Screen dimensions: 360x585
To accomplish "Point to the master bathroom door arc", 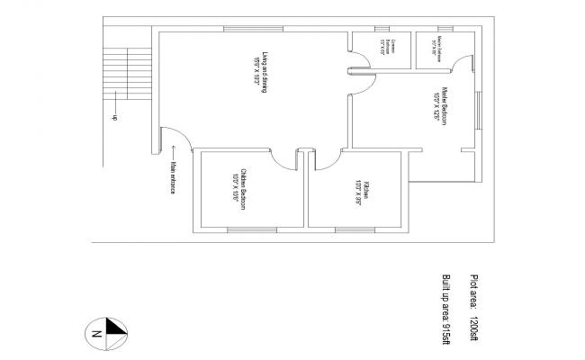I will [x=463, y=60].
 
